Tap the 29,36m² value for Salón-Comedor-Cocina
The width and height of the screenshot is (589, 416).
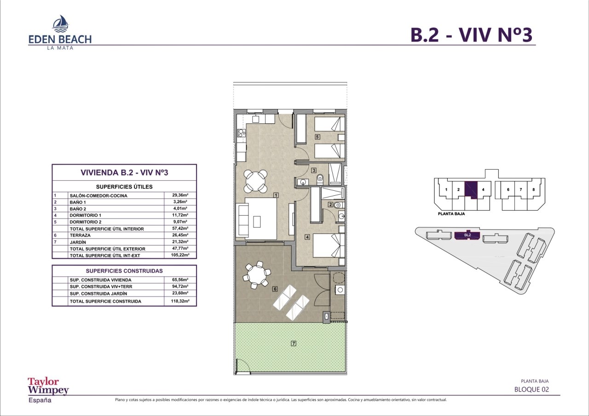[180, 195]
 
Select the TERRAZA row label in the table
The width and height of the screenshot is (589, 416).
[80, 235]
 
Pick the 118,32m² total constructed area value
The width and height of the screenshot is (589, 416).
[180, 301]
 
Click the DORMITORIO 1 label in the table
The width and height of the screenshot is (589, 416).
[85, 215]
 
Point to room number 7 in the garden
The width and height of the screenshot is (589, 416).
[294, 343]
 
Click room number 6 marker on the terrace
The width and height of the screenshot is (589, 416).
[275, 289]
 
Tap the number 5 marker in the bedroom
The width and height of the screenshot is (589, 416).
[318, 137]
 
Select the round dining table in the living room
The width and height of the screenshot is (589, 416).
[255, 181]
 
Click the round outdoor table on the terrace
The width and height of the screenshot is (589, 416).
[256, 275]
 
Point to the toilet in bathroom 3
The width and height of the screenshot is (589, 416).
[320, 179]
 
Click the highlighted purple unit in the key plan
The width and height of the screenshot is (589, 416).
[471, 190]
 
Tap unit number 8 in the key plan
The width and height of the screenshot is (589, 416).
[533, 189]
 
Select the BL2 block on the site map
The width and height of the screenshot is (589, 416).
[467, 235]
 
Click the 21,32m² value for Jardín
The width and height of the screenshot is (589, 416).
[180, 242]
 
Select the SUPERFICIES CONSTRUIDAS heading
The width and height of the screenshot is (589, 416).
[124, 271]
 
